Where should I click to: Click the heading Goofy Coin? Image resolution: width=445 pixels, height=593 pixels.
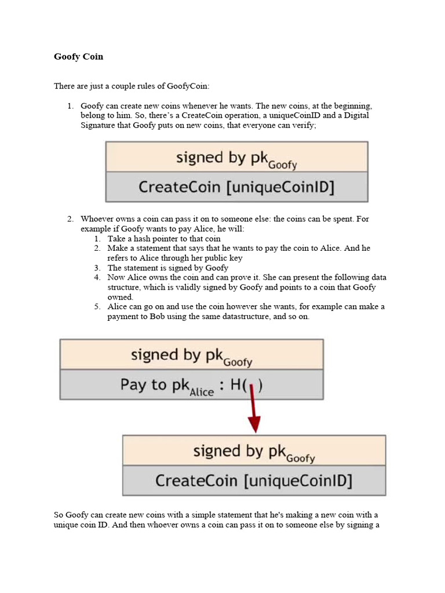78,57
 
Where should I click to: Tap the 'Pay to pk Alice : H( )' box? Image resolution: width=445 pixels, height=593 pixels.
191,385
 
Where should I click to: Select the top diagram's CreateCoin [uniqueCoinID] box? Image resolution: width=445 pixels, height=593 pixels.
236,187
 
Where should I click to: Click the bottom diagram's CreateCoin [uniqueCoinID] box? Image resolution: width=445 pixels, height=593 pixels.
254,481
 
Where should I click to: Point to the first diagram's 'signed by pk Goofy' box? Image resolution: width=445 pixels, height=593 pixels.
236,157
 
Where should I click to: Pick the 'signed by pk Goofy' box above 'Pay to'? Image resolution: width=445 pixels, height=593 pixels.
191,354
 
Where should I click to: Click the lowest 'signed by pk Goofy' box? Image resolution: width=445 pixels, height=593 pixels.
254,451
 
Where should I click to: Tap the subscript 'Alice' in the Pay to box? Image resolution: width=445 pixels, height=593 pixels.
202,392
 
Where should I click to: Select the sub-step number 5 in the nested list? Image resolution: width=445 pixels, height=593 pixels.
97,307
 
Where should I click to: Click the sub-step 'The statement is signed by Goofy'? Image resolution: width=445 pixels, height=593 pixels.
168,268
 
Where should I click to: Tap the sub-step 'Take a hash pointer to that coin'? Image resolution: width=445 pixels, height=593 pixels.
164,239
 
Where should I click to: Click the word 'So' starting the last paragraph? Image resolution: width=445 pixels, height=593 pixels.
59,515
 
